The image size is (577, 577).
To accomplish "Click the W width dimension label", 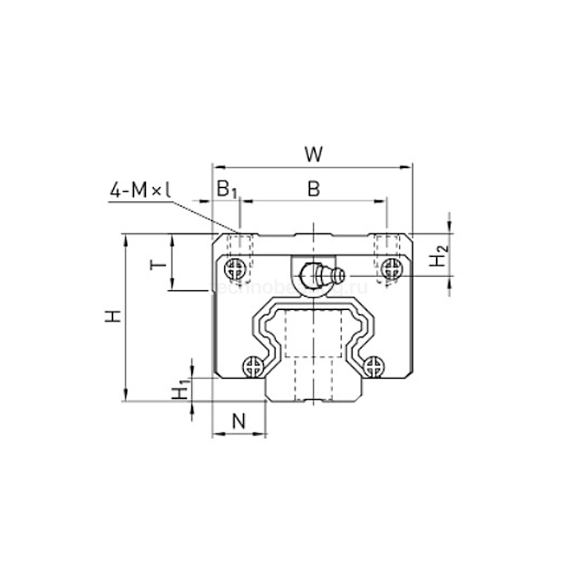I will click(x=312, y=154).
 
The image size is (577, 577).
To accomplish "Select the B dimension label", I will click(x=313, y=189).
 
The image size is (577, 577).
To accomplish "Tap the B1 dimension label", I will click(x=226, y=189).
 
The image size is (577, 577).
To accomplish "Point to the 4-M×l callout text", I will click(x=139, y=190).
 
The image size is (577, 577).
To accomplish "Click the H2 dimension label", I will click(x=440, y=257).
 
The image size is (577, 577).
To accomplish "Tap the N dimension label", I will click(x=239, y=422).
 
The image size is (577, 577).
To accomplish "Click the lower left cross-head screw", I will click(x=255, y=364).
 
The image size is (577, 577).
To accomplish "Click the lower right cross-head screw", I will click(x=373, y=364).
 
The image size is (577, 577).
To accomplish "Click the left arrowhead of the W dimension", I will click(x=216, y=167).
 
